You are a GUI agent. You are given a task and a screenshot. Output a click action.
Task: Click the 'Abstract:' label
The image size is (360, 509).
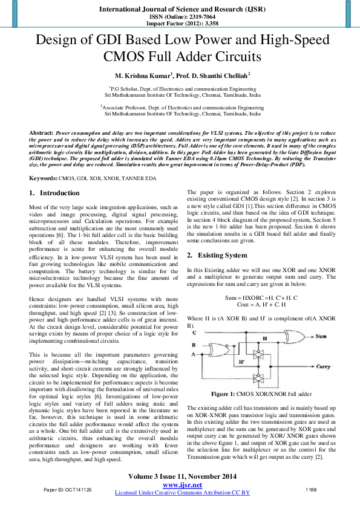pyautogui.click(x=41, y=132)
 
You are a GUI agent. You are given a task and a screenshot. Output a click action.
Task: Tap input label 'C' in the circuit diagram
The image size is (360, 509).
pyautogui.click(x=193, y=332)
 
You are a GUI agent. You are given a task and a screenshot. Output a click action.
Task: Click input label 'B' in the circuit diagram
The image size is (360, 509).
pyautogui.click(x=193, y=346)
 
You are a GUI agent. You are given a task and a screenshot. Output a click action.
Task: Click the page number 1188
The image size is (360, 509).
pyautogui.click(x=311, y=488)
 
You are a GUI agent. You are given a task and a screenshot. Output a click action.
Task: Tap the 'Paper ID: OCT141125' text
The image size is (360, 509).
pyautogui.click(x=68, y=488)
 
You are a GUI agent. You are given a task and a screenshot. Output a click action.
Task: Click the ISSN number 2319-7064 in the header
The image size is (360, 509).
pyautogui.click(x=194, y=17)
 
